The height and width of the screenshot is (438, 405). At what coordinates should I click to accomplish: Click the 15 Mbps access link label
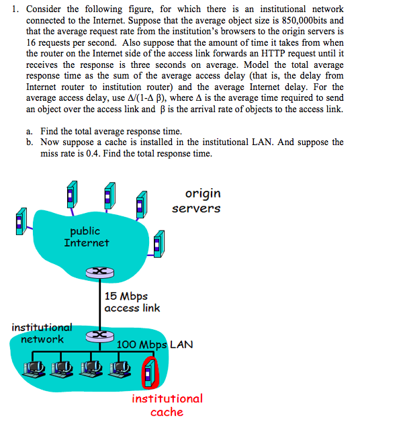click(132, 302)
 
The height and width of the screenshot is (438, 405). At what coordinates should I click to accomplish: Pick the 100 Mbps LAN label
click(154, 345)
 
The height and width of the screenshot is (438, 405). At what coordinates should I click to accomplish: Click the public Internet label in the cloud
click(86, 237)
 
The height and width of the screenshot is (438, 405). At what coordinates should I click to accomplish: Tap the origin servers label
click(196, 201)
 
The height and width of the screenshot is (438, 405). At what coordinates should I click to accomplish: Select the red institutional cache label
click(167, 405)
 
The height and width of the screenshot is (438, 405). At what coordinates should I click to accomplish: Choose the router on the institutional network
click(99, 334)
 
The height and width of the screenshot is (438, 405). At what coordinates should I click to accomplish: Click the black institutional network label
click(42, 333)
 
